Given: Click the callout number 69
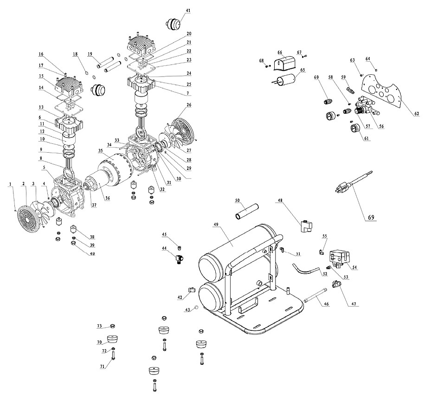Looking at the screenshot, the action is tap(371, 217).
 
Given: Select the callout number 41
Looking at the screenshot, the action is tap(188, 11).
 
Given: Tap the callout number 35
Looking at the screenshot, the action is tap(100, 151).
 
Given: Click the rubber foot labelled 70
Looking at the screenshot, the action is tap(112, 339).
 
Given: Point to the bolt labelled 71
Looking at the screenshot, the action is tap(112, 356).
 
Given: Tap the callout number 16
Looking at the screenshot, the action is tap(41, 54).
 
